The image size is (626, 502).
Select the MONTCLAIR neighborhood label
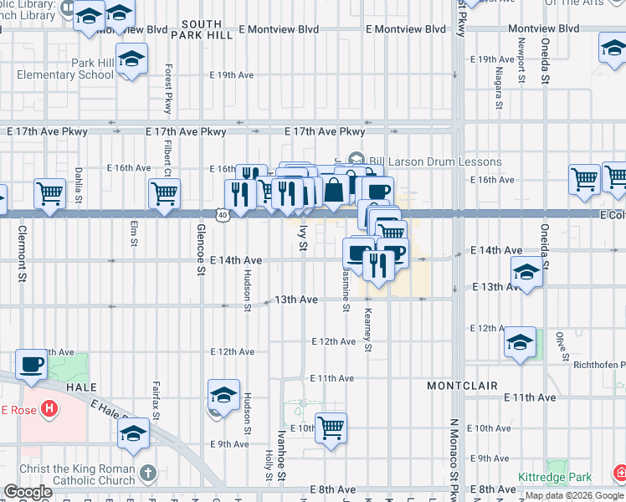(x=462, y=386)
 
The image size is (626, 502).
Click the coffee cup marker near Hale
(x=32, y=364)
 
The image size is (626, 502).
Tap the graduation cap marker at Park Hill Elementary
(x=131, y=59)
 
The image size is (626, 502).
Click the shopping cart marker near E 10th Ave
(x=331, y=428)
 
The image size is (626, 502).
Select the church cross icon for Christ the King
(x=148, y=472)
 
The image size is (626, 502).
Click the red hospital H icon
(x=49, y=409)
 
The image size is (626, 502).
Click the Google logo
(x=28, y=493)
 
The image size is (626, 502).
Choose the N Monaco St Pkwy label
(x=455, y=460)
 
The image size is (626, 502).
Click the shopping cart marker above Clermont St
(x=49, y=193)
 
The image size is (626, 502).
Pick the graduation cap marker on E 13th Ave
(x=526, y=273)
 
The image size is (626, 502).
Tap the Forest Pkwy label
(x=168, y=90)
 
